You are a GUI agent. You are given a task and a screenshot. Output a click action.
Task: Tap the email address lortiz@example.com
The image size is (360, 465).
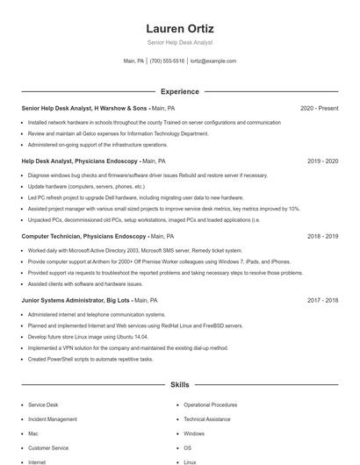click(213, 61)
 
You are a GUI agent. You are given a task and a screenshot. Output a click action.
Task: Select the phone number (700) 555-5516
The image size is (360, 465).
click(167, 61)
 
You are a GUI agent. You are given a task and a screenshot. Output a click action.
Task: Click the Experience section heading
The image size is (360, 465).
click(179, 91)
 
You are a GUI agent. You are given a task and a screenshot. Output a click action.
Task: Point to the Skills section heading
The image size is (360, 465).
click(179, 384)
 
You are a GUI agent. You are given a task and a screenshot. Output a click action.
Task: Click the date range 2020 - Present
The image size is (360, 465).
click(319, 108)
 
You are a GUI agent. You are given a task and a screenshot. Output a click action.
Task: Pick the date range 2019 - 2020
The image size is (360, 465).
click(322, 161)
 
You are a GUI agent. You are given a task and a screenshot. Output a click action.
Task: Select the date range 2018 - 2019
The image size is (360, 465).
click(322, 236)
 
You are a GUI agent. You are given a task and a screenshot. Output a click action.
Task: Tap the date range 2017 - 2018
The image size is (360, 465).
click(322, 300)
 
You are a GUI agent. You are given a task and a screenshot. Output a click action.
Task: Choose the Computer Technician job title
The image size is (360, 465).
click(83, 236)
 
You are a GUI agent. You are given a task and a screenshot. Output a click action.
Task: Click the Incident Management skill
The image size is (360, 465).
click(52, 419)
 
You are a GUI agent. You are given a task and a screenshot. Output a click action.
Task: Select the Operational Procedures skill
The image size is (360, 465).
click(210, 405)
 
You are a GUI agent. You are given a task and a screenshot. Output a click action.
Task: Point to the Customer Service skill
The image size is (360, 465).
click(48, 447)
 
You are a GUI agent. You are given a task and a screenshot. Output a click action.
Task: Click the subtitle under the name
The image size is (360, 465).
click(179, 42)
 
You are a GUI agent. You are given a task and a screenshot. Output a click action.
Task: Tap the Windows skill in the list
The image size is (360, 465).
click(194, 433)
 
